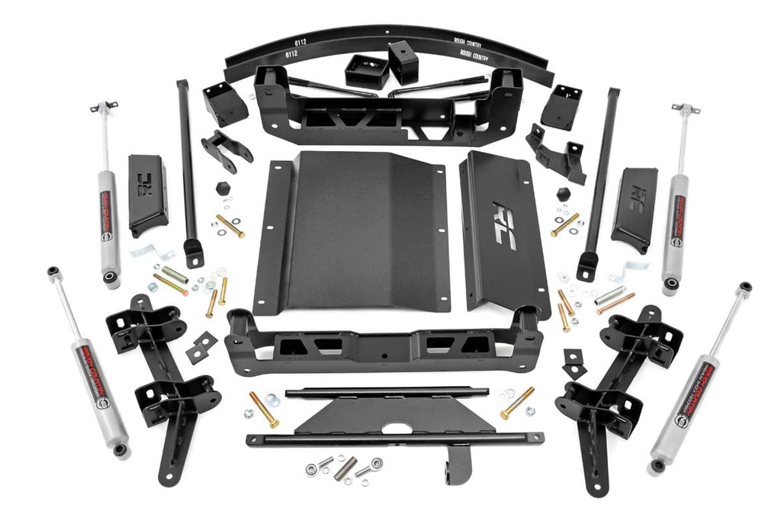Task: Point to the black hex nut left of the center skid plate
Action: pyautogui.click(x=223, y=188)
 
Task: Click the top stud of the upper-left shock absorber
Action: pyautogui.click(x=104, y=108)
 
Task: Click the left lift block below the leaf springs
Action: pyautogui.click(x=367, y=72)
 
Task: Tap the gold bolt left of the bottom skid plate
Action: pyautogui.click(x=264, y=410)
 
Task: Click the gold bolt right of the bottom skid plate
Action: pyautogui.click(x=517, y=403)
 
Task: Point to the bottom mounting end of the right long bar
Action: pyautogui.click(x=587, y=265)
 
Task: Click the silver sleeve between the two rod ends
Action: pyautogui.click(x=345, y=468)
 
